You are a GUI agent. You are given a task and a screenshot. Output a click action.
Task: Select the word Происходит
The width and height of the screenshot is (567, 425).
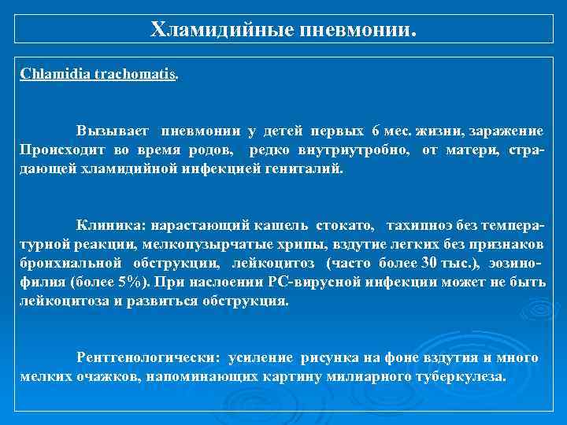[62, 149]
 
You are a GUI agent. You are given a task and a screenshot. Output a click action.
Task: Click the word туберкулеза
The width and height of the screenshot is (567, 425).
[454, 377]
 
